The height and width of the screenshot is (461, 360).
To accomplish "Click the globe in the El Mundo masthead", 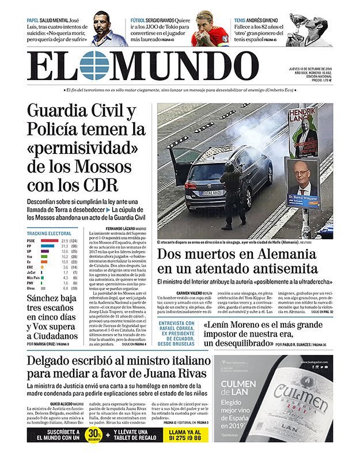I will click(x=94, y=65).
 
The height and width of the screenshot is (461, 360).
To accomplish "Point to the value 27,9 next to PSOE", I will click(x=65, y=240).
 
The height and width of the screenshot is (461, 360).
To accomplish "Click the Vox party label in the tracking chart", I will click(x=30, y=256).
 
